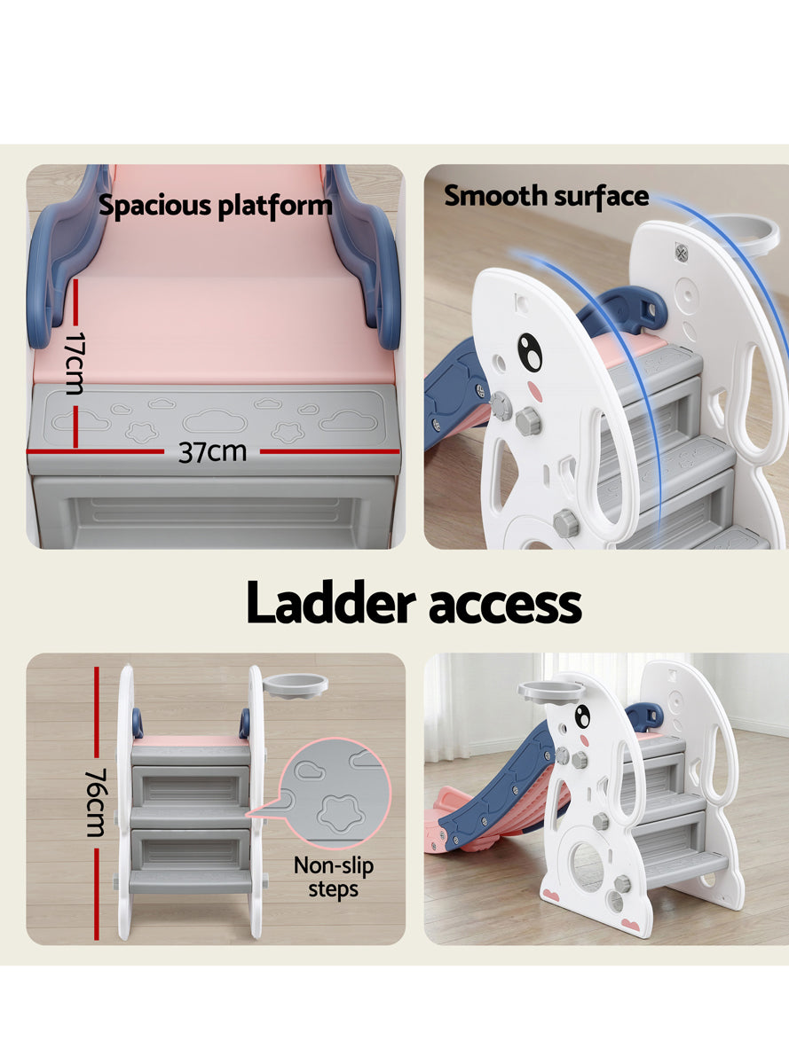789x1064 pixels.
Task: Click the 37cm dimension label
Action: pos(212,451)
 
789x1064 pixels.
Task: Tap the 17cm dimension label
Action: pos(74,364)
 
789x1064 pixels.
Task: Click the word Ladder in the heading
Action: pos(331,604)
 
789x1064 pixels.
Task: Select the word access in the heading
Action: pos(505,606)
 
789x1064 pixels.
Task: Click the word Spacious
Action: pos(155,206)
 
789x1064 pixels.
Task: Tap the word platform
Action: pos(274,207)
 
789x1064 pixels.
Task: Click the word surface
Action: pos(601,196)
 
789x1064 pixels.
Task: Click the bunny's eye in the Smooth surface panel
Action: pos(530,353)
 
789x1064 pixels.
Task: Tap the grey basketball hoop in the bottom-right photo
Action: pos(551,691)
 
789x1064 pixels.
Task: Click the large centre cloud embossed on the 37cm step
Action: pos(215,422)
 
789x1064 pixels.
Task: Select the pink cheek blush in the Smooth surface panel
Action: pos(535,390)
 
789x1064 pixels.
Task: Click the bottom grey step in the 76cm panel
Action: pos(190,882)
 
